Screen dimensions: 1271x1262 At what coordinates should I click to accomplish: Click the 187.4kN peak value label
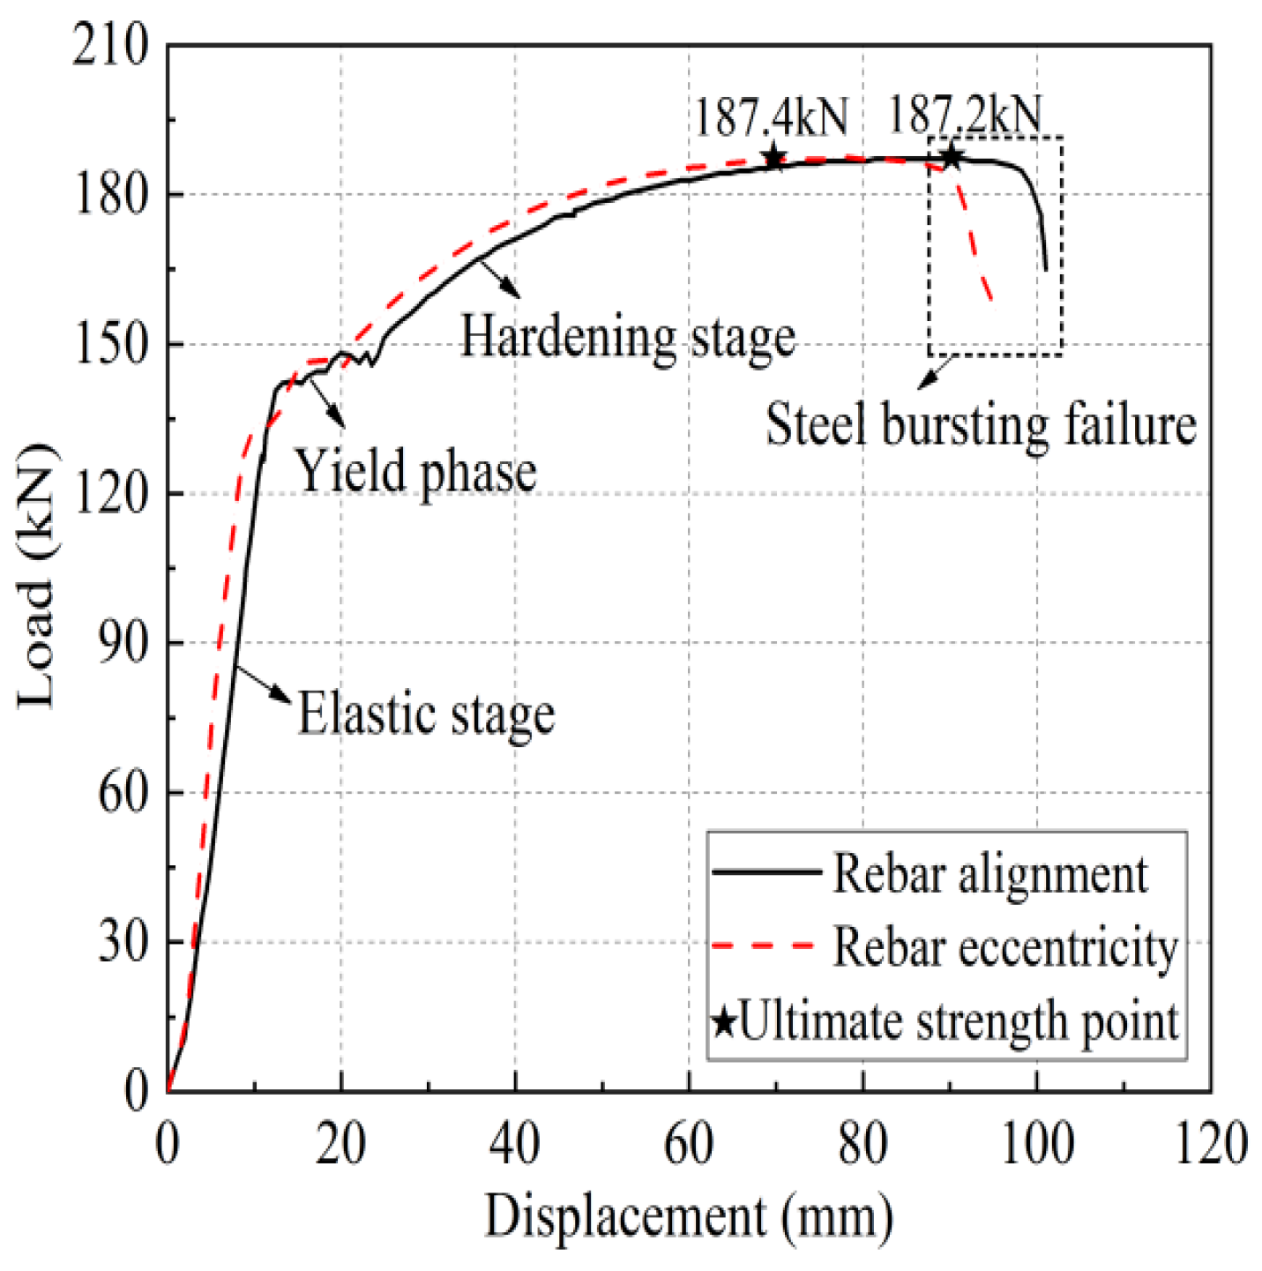point(771,117)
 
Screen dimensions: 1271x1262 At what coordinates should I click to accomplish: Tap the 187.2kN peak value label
point(964,115)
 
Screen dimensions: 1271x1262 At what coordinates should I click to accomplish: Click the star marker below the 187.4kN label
point(773,158)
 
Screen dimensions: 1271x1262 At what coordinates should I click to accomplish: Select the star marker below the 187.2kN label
point(951,158)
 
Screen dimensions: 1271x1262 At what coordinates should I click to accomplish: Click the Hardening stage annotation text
point(628,338)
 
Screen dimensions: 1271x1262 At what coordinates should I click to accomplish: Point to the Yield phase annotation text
point(414,471)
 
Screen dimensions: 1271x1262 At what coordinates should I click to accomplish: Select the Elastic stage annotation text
point(426,714)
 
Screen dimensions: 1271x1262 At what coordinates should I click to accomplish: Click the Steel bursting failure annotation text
point(980,425)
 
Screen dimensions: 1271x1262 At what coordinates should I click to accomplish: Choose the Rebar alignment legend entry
point(989,875)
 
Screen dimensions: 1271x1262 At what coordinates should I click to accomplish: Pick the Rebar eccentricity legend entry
point(1005,948)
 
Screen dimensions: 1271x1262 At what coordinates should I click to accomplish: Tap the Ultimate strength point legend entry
point(959,1021)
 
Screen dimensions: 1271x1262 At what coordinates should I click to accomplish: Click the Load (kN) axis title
point(37,575)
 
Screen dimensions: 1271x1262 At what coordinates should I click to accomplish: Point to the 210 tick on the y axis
point(111,45)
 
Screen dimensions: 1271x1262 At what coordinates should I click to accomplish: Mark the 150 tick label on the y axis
point(111,344)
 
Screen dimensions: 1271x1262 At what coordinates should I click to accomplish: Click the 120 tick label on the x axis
point(1209,1144)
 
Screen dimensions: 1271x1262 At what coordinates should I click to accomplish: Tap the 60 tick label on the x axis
point(688,1144)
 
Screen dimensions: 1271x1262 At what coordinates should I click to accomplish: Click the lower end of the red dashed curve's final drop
point(992,301)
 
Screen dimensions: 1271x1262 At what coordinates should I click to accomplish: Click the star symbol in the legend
point(724,1022)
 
